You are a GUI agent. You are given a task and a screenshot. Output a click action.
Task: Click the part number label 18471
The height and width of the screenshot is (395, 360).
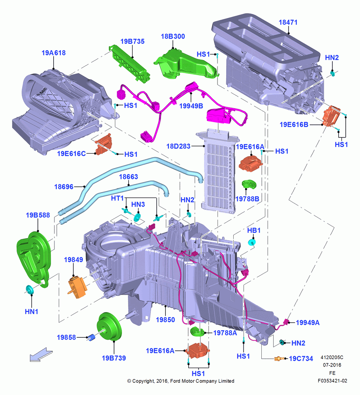pos(288,23)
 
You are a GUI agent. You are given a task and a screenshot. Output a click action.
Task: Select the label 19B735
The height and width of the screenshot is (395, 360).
pos(132,41)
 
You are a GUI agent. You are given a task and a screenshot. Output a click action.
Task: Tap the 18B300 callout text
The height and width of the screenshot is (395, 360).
pos(173,36)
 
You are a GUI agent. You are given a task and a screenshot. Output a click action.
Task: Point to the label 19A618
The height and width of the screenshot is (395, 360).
pos(53,53)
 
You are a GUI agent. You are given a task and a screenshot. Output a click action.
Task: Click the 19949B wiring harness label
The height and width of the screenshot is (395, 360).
pos(191,106)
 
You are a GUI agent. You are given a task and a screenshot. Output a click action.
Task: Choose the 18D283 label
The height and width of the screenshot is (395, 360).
pos(178,146)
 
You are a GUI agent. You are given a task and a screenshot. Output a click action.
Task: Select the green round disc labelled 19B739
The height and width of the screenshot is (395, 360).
pos(109,327)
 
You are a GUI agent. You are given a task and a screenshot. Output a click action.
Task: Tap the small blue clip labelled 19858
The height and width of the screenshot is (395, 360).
pos(92,337)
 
